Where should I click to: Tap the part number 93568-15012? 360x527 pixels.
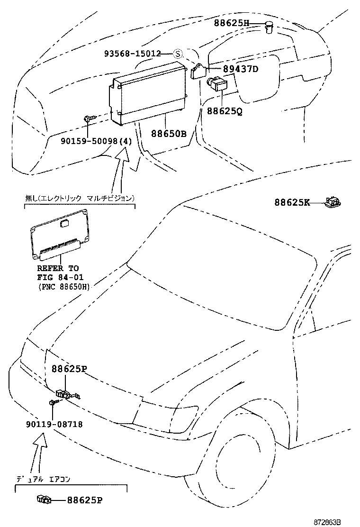[133, 54]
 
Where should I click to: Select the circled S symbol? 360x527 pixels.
[178, 54]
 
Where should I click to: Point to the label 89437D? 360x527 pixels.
[241, 69]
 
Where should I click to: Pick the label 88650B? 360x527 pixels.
[169, 134]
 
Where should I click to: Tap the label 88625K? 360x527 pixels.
[292, 202]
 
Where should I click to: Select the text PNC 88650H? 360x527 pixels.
[63, 287]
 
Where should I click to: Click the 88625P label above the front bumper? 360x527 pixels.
[70, 369]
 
